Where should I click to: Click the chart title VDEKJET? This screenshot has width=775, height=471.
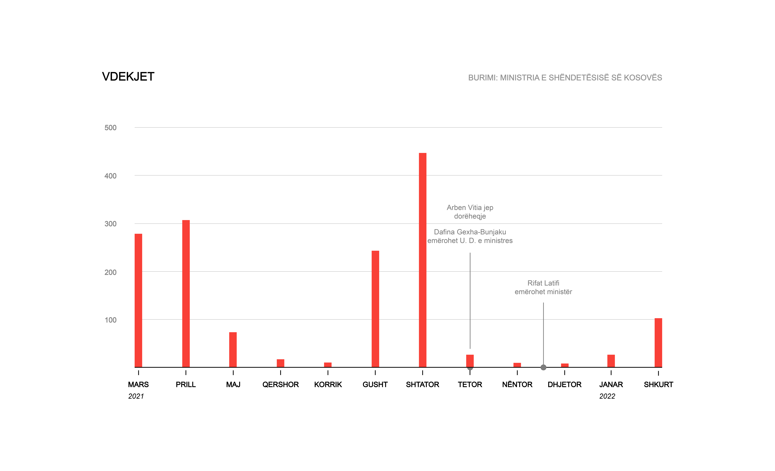tap(128, 77)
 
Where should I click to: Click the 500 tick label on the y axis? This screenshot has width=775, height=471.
tap(110, 128)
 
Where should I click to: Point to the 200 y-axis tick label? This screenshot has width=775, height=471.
tap(110, 272)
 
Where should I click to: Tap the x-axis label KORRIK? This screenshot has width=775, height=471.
tap(328, 385)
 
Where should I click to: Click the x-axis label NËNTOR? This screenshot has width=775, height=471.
tap(517, 385)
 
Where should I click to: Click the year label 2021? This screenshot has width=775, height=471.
tap(136, 396)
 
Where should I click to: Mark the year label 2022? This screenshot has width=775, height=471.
tap(607, 396)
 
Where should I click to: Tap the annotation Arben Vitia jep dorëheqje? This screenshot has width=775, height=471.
tap(470, 212)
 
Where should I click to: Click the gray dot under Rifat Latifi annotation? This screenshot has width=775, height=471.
tap(543, 367)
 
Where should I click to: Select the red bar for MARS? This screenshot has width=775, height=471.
tap(138, 300)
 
